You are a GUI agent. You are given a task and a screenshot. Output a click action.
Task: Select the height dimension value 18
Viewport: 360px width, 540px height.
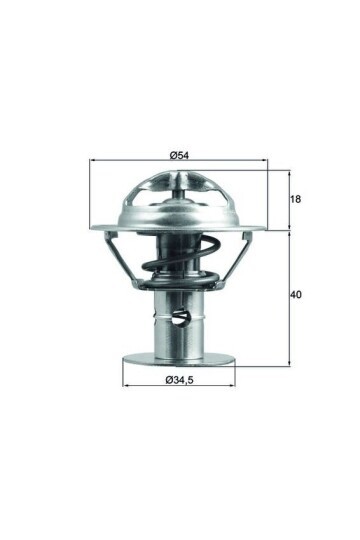click(296, 200)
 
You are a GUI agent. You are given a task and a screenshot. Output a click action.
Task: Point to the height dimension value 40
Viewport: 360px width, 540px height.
click(296, 294)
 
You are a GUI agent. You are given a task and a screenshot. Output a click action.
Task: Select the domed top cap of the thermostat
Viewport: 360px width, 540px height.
click(180, 196)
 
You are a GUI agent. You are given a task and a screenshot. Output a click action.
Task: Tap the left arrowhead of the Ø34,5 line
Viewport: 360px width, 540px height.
click(124, 386)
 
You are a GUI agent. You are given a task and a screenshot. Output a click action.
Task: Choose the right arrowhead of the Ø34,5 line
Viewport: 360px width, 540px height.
click(235, 386)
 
